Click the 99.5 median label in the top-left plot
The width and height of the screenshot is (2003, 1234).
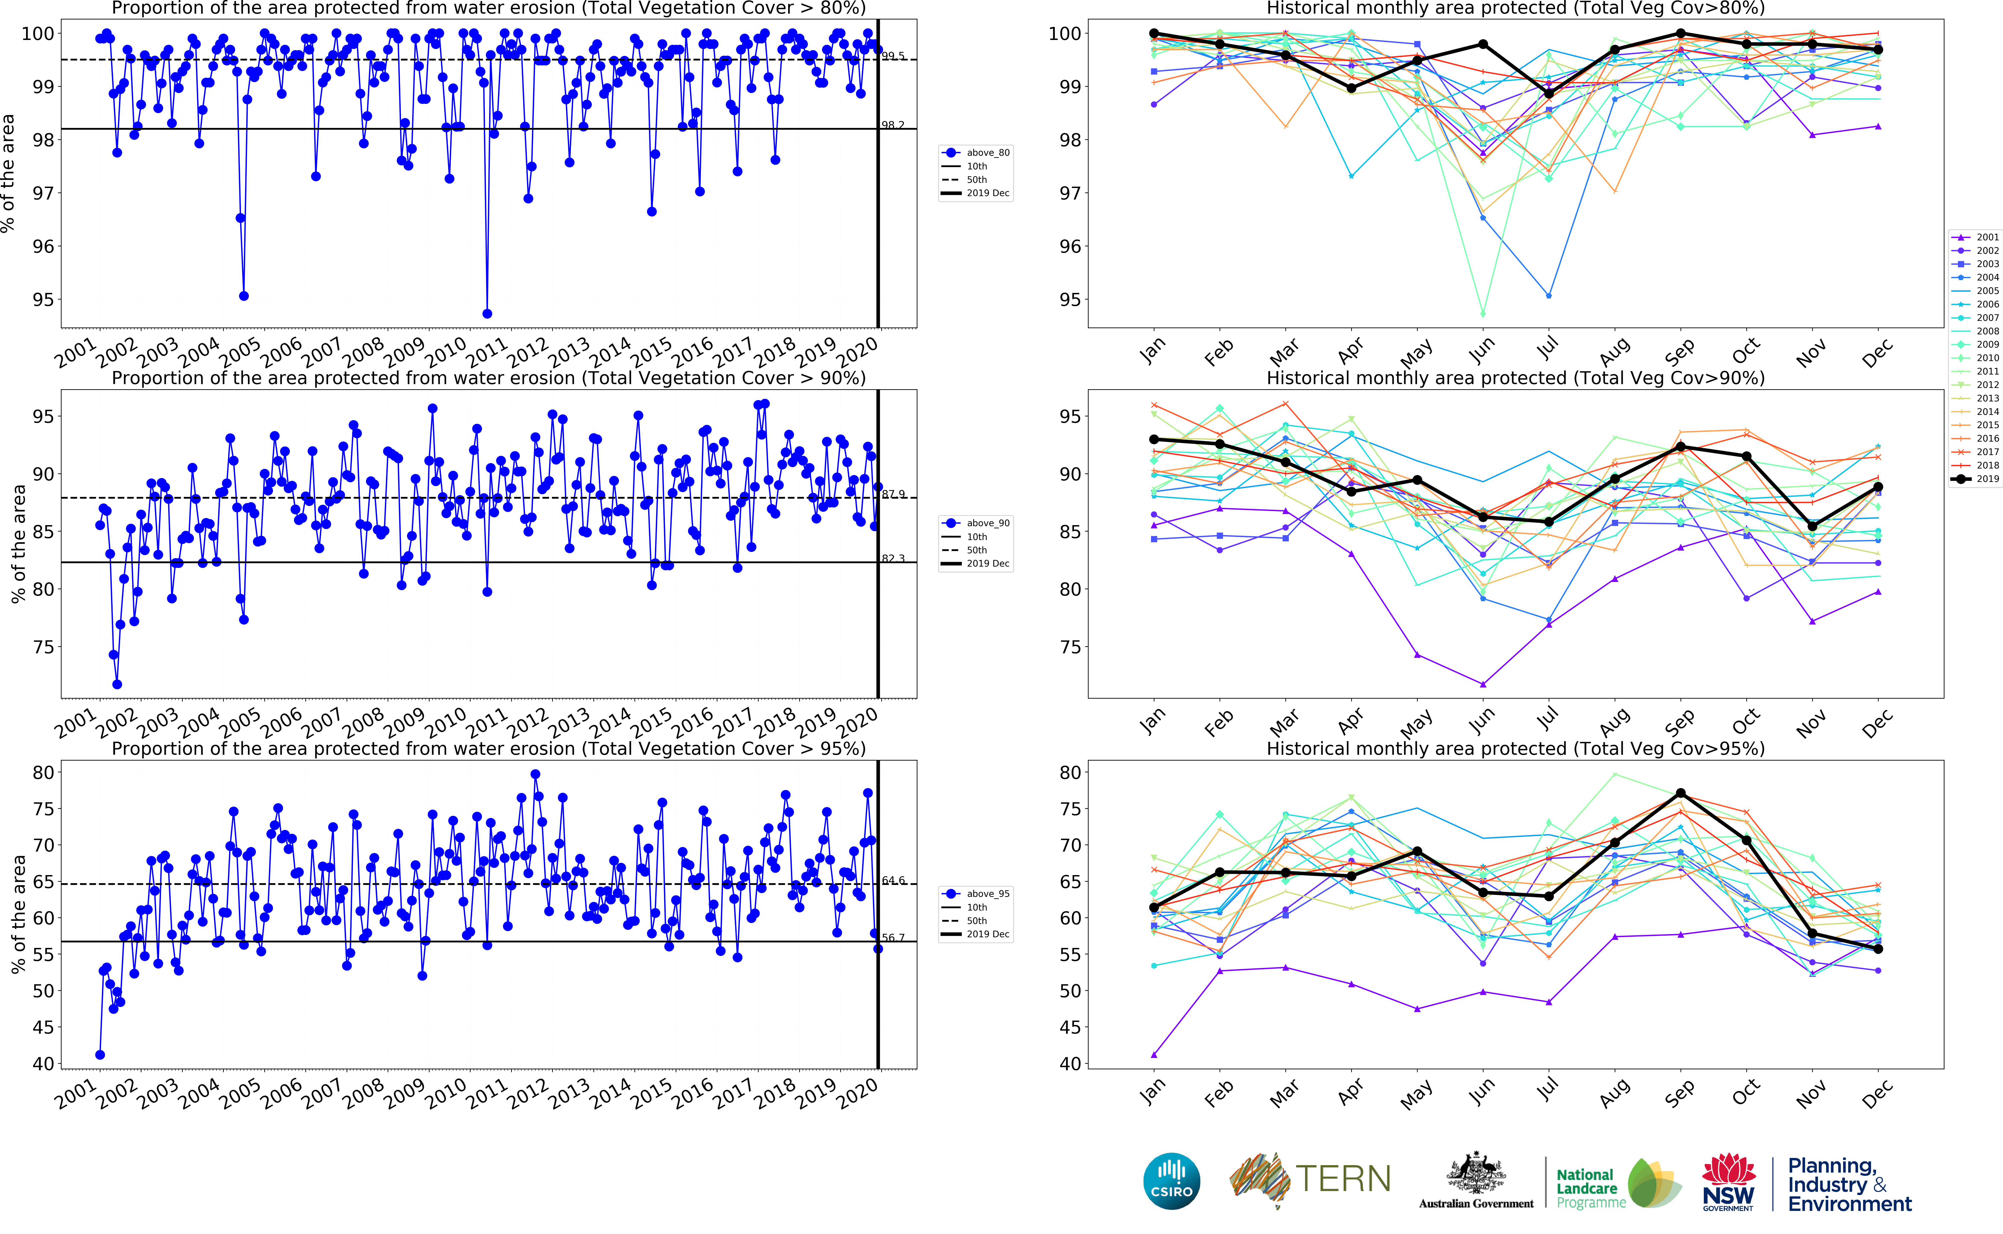[x=893, y=56]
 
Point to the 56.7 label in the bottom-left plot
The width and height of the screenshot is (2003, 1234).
[x=893, y=938]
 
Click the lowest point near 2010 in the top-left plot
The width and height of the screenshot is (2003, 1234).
[x=487, y=313]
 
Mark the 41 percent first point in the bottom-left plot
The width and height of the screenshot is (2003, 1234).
[x=100, y=1055]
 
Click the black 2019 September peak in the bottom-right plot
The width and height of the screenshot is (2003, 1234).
[x=1681, y=793]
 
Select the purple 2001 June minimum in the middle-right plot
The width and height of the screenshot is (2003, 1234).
[x=1483, y=684]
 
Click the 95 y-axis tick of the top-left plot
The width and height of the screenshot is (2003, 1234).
[x=43, y=300]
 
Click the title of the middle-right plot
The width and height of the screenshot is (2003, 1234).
[x=1515, y=378]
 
